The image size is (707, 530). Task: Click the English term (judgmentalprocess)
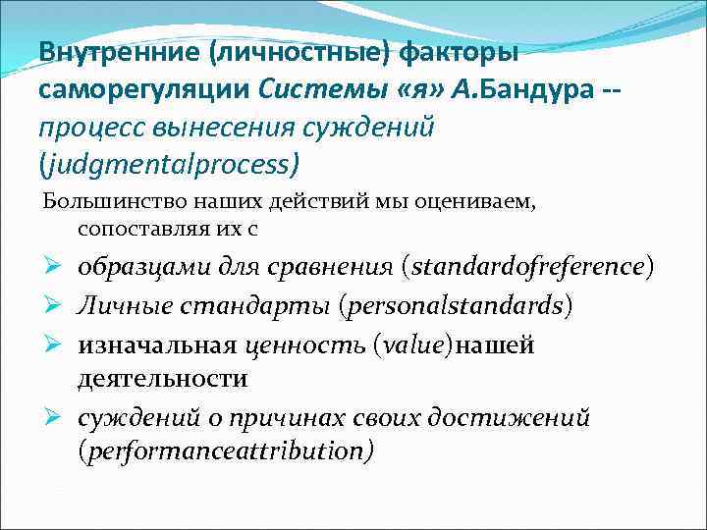point(170,163)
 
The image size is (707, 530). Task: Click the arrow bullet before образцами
point(57,267)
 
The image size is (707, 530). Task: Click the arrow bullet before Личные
point(57,305)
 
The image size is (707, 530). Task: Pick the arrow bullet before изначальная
point(57,344)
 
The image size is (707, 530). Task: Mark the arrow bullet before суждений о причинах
point(57,419)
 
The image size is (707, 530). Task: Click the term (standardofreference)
point(527,267)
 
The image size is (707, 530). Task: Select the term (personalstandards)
point(455,305)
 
